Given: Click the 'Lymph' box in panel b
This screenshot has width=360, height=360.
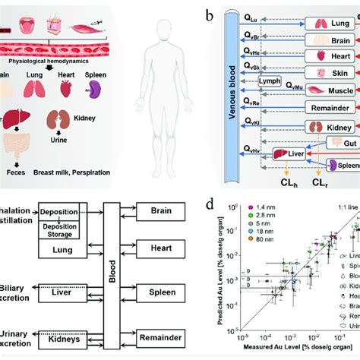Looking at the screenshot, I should tap(268, 102).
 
